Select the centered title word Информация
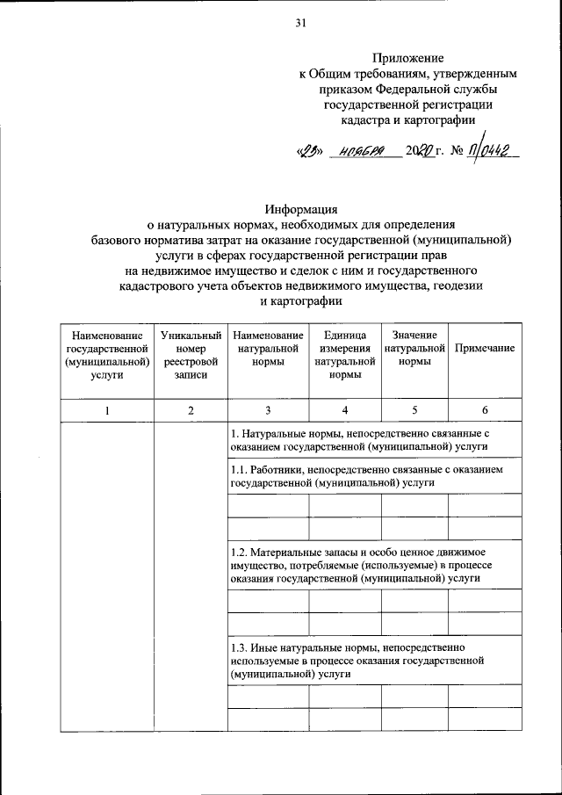302,209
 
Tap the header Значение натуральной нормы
414,349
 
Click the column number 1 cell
106,411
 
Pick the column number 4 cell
345,411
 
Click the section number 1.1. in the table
239,470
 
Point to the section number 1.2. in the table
239,553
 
